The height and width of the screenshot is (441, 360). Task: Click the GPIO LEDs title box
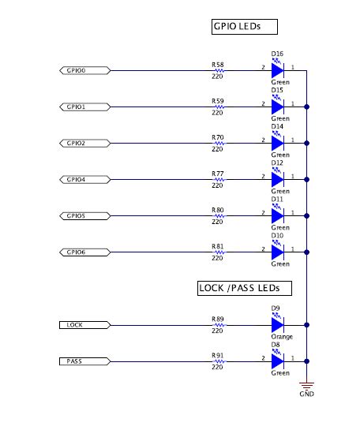click(236, 26)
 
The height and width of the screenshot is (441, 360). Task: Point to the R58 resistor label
click(218, 64)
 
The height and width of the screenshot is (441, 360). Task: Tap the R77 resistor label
click(218, 173)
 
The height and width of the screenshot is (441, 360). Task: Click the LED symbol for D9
click(277, 324)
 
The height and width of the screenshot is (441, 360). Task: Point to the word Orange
click(282, 337)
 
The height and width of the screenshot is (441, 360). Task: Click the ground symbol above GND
click(307, 381)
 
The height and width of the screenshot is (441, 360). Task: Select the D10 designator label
click(277, 236)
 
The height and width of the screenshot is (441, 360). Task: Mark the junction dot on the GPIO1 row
click(307, 107)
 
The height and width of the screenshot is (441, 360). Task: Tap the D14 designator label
click(277, 127)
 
